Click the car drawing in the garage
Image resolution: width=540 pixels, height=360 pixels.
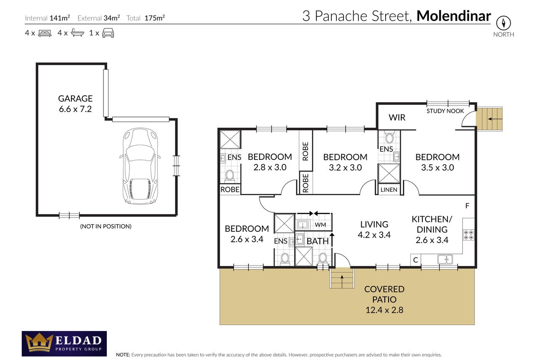[x=140, y=166]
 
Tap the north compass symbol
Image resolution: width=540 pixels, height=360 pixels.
[x=503, y=23]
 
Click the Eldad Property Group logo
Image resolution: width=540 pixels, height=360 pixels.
[x=64, y=344]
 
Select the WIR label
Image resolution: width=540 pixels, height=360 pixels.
[x=397, y=117]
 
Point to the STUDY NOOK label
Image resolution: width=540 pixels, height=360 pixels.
[x=445, y=111]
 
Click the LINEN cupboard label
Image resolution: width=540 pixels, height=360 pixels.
[x=389, y=190]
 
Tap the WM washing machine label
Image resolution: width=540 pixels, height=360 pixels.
[x=320, y=225]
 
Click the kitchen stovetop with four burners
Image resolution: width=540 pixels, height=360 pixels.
[x=469, y=235]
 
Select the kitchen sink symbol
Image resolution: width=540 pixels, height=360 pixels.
[x=445, y=259]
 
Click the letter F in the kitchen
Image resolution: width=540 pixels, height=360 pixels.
[x=467, y=206]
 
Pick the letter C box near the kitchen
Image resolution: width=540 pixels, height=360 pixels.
[x=416, y=260]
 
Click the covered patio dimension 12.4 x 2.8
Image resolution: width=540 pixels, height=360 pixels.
[x=384, y=310]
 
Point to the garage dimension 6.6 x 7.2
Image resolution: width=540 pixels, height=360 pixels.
[x=75, y=109]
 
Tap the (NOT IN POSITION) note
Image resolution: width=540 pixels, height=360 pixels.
[x=106, y=226]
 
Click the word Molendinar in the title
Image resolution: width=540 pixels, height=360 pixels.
[x=454, y=16]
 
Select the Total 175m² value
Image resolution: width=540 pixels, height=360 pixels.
[x=154, y=18]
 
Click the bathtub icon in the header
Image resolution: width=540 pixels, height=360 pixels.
[x=77, y=32]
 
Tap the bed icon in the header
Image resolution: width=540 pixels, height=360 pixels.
[x=45, y=33]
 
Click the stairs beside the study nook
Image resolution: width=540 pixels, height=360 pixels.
[x=489, y=119]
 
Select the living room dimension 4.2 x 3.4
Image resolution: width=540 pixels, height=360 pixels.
[x=374, y=235]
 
